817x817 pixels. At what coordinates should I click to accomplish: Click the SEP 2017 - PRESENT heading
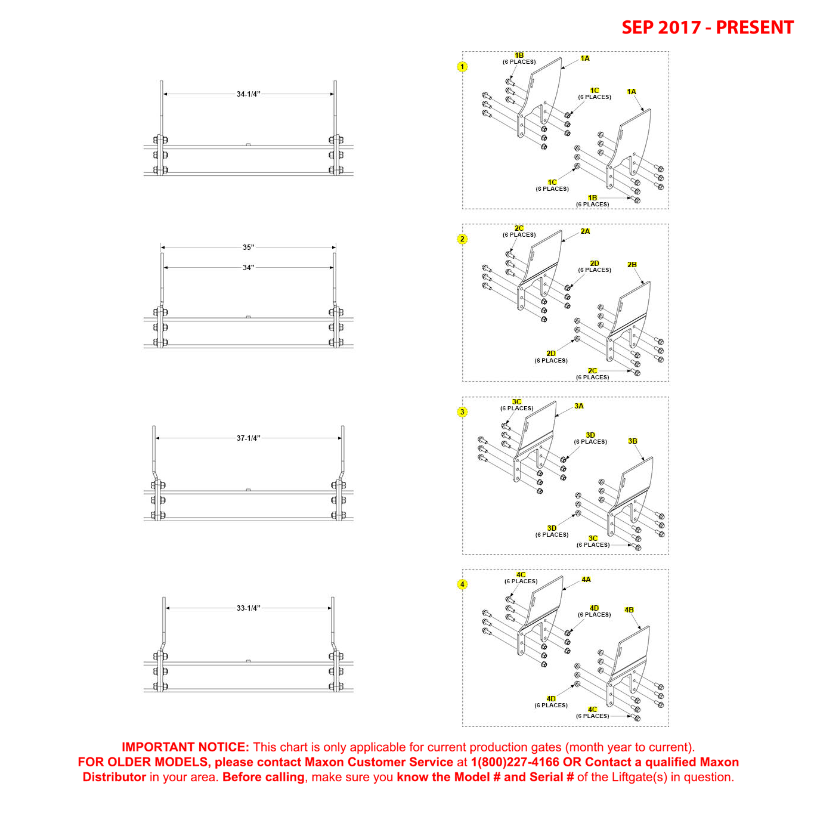tap(707, 27)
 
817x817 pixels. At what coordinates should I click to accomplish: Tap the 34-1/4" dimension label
tap(248, 94)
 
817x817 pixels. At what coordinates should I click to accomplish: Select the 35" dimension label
tap(248, 247)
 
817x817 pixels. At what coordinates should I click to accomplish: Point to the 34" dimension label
tap(248, 268)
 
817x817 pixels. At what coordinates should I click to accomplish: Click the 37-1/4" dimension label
tap(248, 438)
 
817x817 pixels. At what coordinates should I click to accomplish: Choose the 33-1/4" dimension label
tap(248, 608)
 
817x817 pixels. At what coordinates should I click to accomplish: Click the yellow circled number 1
tap(462, 67)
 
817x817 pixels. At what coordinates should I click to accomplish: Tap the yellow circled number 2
tap(462, 239)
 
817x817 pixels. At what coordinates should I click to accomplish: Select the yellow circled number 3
tap(462, 412)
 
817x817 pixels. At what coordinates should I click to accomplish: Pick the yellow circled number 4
tap(462, 584)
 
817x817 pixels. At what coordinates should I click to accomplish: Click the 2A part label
tap(585, 231)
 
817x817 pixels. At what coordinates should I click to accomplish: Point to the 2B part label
tap(632, 265)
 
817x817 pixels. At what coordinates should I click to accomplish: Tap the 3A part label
tap(578, 406)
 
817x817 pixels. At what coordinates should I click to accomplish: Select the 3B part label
tap(632, 441)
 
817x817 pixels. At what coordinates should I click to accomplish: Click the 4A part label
tap(586, 580)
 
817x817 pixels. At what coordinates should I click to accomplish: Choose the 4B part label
tap(629, 610)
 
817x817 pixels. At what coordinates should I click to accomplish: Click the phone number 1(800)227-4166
tap(515, 762)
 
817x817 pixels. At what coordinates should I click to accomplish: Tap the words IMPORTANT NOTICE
tap(185, 747)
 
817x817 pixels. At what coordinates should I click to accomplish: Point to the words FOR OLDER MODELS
tap(143, 762)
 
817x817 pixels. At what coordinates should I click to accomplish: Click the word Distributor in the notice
tap(114, 777)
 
